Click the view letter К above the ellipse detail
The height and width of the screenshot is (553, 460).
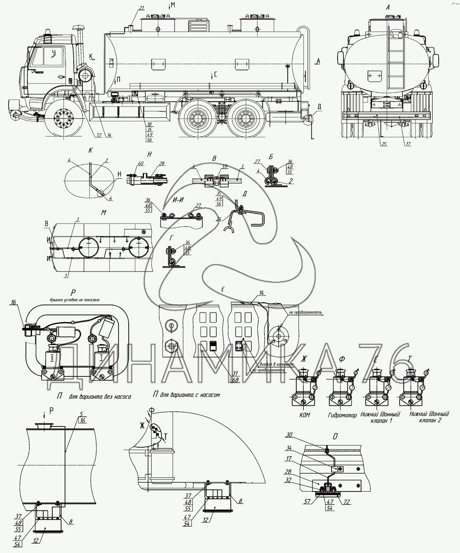click(90, 150)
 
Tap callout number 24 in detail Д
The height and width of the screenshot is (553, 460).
click(219, 220)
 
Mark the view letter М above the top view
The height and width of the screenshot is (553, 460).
click(103, 213)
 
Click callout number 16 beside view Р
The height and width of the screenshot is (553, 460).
click(14, 302)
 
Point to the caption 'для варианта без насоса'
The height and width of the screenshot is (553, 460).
click(100, 397)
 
